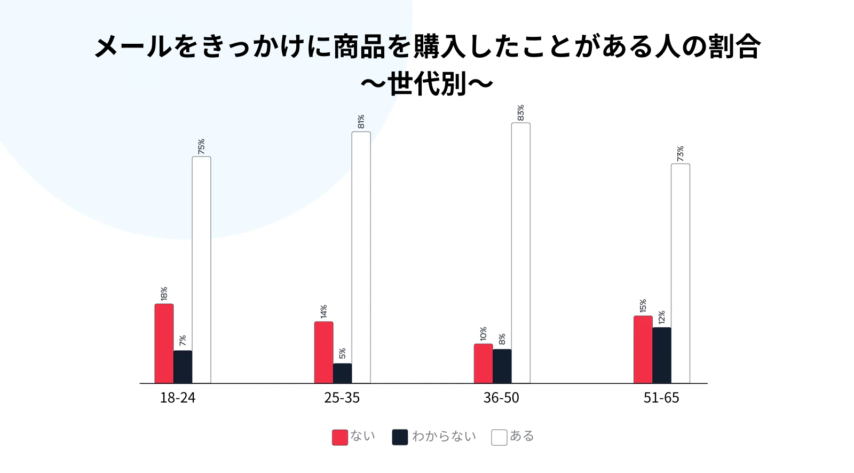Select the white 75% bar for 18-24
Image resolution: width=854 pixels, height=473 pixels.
point(201,270)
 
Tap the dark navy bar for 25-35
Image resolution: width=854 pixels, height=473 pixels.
point(342,373)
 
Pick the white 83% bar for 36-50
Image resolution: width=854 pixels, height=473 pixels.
point(520,253)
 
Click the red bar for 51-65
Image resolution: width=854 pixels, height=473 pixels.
point(643,349)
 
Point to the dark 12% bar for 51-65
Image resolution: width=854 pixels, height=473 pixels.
point(661,355)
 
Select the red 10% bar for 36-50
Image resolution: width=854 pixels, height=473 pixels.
point(483,363)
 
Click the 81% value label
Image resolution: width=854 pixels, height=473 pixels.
point(361,122)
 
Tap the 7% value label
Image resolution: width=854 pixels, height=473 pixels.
point(183,341)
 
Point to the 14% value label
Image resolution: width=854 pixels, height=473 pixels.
point(323,312)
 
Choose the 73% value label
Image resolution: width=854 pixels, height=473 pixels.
point(680,154)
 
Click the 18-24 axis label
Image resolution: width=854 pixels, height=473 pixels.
point(178,398)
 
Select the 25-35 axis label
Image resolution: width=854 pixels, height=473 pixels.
point(342,398)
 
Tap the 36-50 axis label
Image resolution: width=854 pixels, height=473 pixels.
point(501,398)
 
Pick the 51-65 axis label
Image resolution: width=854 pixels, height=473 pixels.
point(661,398)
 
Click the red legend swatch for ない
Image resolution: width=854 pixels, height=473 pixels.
point(339,437)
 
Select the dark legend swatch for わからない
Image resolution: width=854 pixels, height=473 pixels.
point(400,437)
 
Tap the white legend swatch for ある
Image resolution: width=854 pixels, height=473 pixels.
point(499,437)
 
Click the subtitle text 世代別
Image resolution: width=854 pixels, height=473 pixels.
point(427,84)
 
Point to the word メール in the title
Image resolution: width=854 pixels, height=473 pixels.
point(133,46)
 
